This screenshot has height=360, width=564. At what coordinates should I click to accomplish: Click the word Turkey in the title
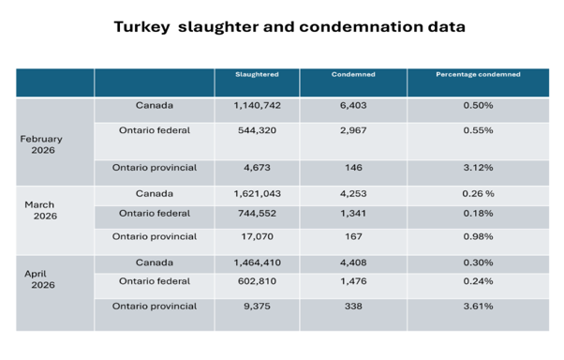141,27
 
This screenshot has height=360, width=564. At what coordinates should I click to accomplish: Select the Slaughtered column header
257,74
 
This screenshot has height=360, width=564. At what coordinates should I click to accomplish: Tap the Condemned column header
353,74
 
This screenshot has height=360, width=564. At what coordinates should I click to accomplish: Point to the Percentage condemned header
478,74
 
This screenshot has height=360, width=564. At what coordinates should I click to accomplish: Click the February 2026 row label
41,144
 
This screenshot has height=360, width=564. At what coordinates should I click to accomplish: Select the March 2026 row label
40,210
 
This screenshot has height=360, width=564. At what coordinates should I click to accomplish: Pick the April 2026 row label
39,279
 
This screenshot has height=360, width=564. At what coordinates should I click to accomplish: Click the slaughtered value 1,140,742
257,106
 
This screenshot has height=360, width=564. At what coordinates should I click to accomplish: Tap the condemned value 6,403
353,106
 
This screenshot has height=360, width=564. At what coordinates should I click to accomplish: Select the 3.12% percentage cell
478,168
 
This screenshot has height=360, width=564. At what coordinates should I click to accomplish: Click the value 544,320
257,130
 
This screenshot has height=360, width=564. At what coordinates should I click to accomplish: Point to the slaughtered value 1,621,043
257,194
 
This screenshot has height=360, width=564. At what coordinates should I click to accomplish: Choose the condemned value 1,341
353,214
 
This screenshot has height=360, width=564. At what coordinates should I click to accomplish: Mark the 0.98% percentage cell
478,236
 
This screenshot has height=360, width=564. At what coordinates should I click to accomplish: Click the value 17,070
257,236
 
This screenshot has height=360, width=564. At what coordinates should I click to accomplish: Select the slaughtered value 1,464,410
257,262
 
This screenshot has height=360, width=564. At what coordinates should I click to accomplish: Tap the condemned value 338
353,307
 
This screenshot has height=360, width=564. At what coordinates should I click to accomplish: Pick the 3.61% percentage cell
478,307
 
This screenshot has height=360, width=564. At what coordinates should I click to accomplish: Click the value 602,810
257,281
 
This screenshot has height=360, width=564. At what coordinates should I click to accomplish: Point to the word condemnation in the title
361,27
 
